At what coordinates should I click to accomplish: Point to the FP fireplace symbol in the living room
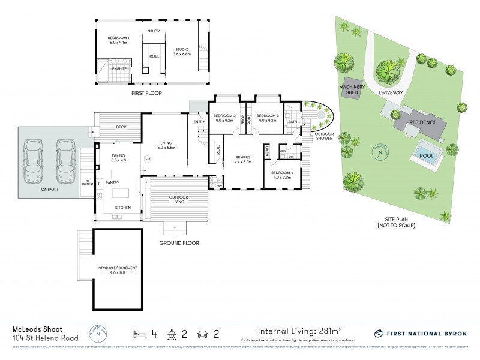(x=147, y=159)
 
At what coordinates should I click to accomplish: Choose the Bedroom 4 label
(x=282, y=175)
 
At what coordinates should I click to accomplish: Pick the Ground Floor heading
(x=178, y=244)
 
